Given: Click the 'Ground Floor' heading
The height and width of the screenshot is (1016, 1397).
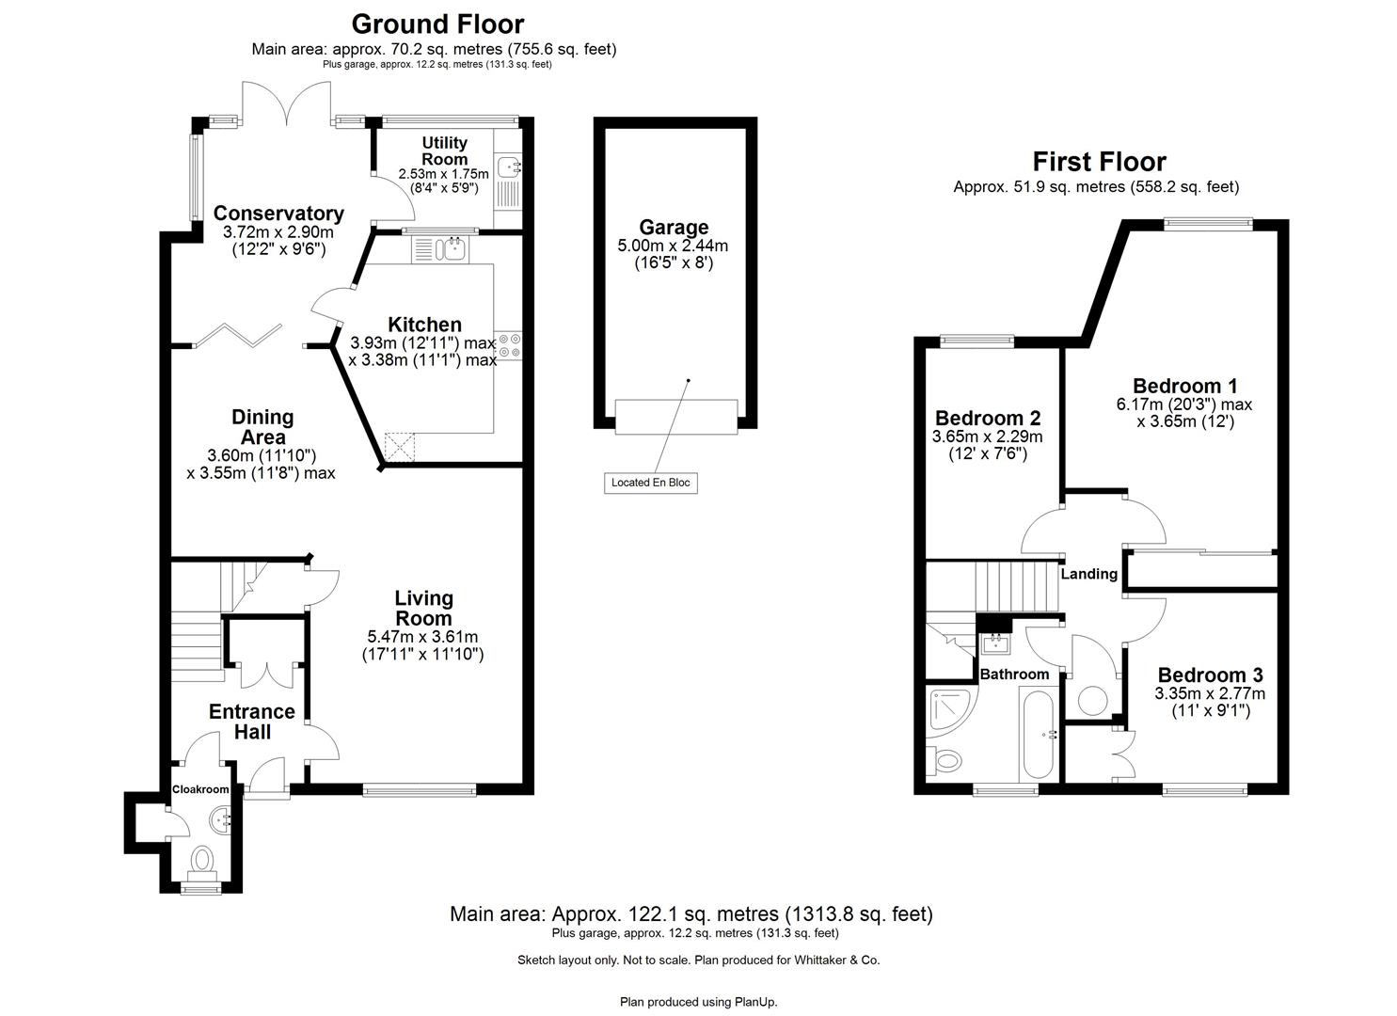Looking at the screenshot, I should [437, 24].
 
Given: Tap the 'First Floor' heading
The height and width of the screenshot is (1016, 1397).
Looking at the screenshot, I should [1099, 162].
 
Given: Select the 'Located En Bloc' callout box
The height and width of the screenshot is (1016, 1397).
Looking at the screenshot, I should [650, 483].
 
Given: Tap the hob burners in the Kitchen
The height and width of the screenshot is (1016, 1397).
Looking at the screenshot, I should [510, 345].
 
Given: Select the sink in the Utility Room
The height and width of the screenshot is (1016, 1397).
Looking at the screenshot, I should [509, 167].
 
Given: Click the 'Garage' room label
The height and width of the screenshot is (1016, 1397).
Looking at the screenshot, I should [674, 227].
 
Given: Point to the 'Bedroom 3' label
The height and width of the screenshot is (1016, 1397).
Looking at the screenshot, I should [1210, 675].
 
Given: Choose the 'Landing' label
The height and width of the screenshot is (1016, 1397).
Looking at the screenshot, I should [1088, 574].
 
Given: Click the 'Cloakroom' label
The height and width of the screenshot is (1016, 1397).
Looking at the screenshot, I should [200, 789].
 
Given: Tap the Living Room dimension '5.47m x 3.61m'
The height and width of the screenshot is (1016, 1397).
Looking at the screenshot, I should [423, 637].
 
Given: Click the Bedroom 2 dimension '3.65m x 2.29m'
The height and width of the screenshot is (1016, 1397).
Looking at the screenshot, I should [987, 437].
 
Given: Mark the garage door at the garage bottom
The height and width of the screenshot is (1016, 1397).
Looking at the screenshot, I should [676, 417].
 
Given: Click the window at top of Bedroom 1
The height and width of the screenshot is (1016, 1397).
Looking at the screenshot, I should [1209, 223].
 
